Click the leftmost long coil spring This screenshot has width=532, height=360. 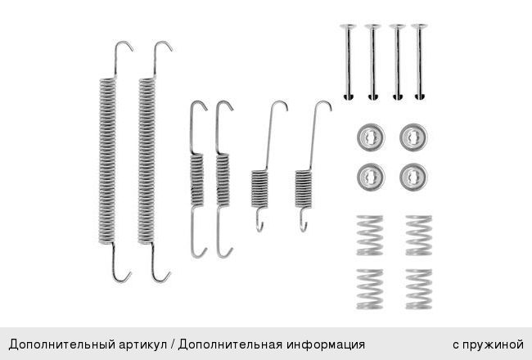(x=107, y=161)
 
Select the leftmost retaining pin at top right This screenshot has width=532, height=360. (x=348, y=61)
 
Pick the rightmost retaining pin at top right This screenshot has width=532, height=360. (x=419, y=61)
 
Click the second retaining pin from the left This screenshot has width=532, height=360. (x=372, y=61)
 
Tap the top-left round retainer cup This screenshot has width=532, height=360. (x=371, y=137)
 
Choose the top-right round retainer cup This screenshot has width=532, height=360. (x=413, y=137)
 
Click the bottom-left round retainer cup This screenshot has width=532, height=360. (x=371, y=177)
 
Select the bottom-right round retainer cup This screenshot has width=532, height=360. (x=413, y=177)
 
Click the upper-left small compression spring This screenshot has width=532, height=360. (x=369, y=235)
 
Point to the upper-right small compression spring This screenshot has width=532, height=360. (x=419, y=235)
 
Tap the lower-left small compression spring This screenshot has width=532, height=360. (x=369, y=289)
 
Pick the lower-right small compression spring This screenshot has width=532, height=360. (x=419, y=289)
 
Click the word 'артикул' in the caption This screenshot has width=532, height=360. (x=143, y=344)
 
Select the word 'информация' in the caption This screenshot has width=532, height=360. (x=326, y=344)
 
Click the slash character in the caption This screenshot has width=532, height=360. (x=173, y=344)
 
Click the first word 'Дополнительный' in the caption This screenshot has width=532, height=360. (x=61, y=344)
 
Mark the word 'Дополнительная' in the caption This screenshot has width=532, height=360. (x=230, y=344)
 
